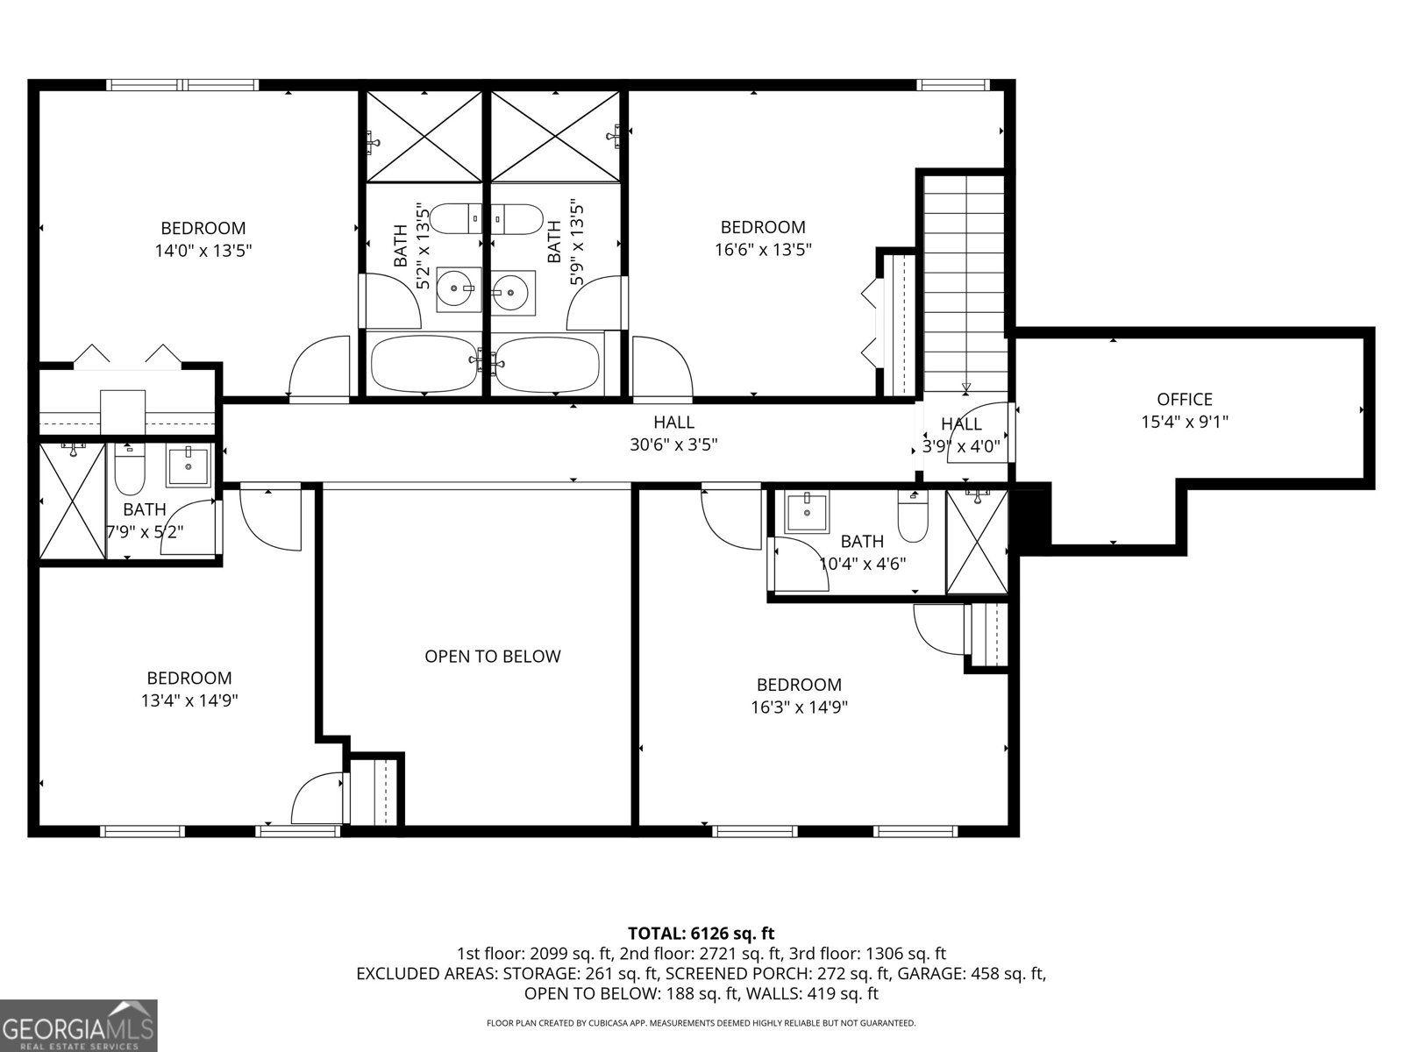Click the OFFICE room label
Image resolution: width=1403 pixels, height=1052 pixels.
pos(1185,399)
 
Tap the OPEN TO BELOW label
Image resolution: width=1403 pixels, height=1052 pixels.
pos(493,656)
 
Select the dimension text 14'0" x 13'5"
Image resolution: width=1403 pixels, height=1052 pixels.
pos(203,251)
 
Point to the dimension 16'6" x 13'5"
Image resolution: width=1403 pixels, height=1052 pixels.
pos(763,249)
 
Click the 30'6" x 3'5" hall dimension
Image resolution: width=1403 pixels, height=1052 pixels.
pos(673,444)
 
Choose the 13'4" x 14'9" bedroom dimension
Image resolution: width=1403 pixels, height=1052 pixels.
pos(189,700)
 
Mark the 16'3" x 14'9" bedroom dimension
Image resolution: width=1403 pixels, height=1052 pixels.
pos(799,707)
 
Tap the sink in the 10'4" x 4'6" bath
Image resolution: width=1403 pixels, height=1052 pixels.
pos(807,512)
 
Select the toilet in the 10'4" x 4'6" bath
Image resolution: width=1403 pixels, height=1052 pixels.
pos(913,516)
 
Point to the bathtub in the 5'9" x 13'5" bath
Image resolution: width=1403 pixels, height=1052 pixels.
pos(549,364)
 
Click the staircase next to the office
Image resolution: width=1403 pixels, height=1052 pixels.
pos(965,283)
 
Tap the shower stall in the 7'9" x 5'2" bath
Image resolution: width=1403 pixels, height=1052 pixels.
pos(72,501)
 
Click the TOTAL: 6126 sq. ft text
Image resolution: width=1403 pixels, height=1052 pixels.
pos(701,933)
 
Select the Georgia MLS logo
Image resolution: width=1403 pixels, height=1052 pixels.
pos(78,1025)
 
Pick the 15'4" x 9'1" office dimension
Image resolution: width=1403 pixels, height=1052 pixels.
pos(1185,422)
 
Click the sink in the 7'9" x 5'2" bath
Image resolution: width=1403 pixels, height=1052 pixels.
pos(188,467)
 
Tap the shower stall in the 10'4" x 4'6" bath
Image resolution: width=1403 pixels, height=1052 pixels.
pos(977,542)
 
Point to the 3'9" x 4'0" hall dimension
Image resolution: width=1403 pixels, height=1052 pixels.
pos(961,446)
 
